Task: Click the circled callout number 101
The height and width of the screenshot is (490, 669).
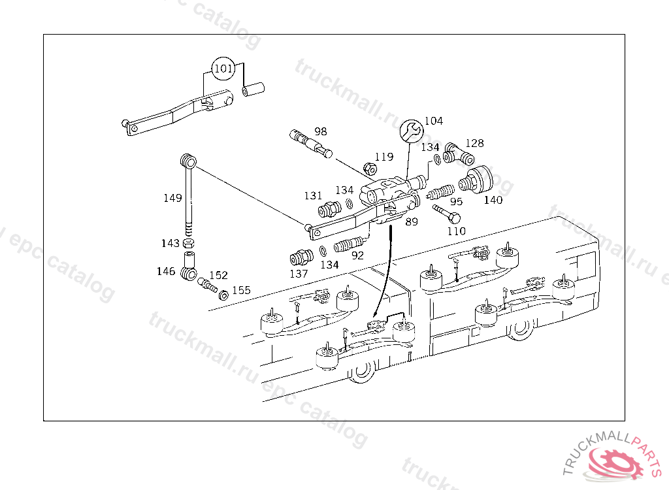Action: pyautogui.click(x=223, y=67)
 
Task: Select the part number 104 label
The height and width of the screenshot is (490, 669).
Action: pyautogui.click(x=433, y=121)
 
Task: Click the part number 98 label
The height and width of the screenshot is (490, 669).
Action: pyautogui.click(x=320, y=131)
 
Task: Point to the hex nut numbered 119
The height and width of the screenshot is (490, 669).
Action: pyautogui.click(x=368, y=168)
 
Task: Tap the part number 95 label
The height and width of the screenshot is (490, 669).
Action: pyautogui.click(x=456, y=202)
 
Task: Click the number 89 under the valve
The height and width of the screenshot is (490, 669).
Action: pyautogui.click(x=411, y=222)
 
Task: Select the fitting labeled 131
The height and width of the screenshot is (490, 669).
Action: pyautogui.click(x=329, y=209)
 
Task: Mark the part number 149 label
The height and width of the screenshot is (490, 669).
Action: pyautogui.click(x=172, y=198)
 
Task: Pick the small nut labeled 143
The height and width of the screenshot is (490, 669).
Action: pyautogui.click(x=189, y=242)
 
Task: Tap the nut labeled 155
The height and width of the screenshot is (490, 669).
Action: pyautogui.click(x=223, y=295)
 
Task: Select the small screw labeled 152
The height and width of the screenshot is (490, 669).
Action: pyautogui.click(x=208, y=284)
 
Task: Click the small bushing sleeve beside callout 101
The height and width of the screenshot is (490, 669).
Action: pyautogui.click(x=252, y=88)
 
